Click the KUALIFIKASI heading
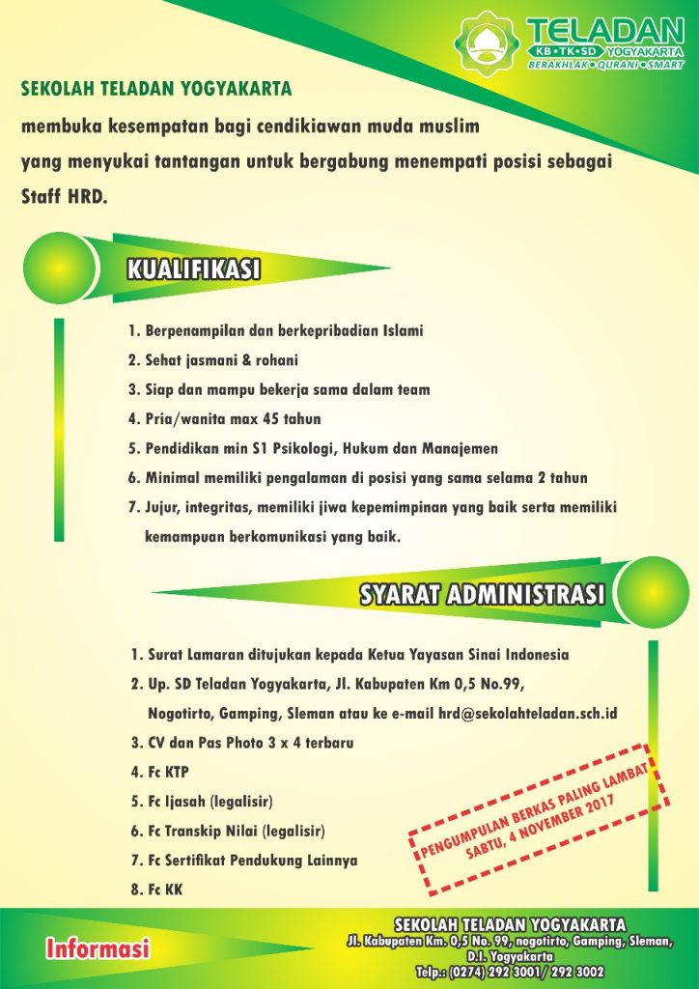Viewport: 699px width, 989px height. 194,269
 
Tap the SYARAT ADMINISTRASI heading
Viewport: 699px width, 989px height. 483,593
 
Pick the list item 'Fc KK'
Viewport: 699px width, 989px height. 156,889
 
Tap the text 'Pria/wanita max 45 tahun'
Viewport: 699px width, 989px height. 224,419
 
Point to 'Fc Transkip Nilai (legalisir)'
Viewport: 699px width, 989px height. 228,831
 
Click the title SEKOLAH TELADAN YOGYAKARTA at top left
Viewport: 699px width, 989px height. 156,89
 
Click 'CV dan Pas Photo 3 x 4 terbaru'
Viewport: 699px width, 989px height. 242,743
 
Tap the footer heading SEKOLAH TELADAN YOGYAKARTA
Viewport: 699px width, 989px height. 510,924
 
